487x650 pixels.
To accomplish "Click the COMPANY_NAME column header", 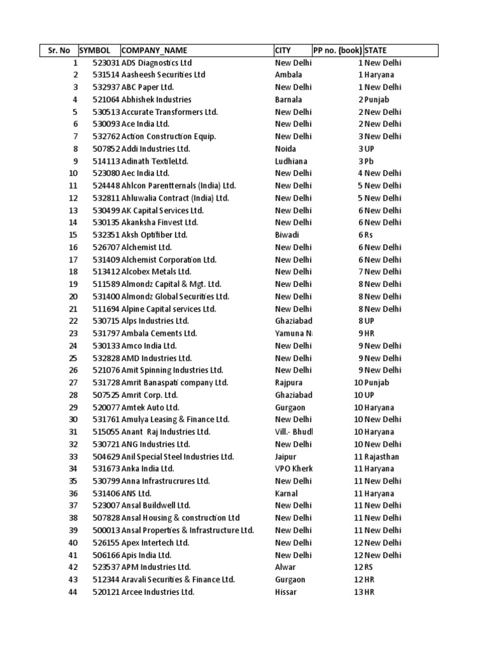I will (x=155, y=51).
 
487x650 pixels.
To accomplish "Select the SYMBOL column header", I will (x=95, y=51).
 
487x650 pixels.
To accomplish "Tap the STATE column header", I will (x=375, y=51).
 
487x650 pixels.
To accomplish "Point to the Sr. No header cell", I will (x=59, y=51).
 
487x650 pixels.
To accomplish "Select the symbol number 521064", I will (x=106, y=100).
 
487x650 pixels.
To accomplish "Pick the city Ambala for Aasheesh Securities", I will (x=288, y=75).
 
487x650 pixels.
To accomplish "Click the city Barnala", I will (x=289, y=100).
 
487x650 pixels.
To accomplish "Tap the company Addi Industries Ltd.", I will (x=156, y=149).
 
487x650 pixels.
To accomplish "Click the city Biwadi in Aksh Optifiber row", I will (x=287, y=235).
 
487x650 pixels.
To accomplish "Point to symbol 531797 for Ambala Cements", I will (x=106, y=333).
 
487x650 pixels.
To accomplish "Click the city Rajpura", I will (x=289, y=383).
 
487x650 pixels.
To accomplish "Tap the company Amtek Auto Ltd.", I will (x=150, y=408).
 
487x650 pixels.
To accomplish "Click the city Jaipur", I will (x=285, y=456).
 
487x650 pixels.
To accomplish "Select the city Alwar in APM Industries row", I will (x=285, y=567).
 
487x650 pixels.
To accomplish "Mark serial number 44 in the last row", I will (x=73, y=592).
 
